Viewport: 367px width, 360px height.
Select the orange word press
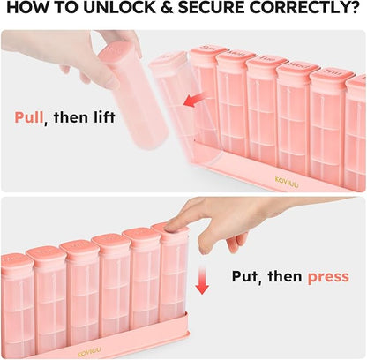point(327,277)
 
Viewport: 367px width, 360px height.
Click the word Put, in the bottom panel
point(250,277)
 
